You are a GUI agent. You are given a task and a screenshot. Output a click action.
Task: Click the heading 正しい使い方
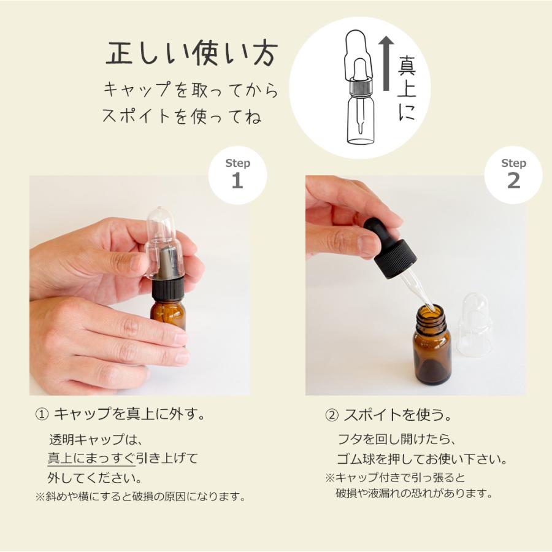click(x=192, y=54)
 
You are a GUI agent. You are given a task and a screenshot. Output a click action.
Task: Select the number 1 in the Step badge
click(x=237, y=180)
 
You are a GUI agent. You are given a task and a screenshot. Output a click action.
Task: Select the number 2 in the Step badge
click(x=513, y=180)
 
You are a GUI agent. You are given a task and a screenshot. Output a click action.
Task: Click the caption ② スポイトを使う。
click(x=388, y=415)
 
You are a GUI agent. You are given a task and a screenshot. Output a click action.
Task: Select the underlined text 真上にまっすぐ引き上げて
click(x=123, y=458)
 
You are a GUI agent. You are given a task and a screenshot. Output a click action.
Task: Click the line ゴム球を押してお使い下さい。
click(x=422, y=459)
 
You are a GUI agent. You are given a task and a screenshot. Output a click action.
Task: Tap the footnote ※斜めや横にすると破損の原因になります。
click(x=140, y=497)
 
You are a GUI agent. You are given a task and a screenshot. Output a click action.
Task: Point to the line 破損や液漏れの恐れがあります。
click(x=414, y=493)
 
